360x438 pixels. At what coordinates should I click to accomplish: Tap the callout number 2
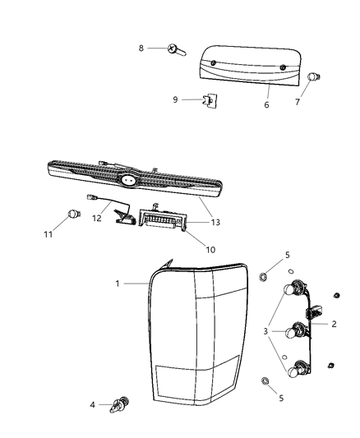[335, 324]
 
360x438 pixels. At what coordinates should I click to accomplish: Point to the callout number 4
[92, 404]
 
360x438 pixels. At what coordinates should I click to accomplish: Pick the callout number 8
[141, 48]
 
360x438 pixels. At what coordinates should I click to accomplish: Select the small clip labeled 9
[210, 102]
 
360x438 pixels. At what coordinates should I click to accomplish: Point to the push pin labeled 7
[313, 79]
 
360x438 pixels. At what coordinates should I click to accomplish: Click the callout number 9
[175, 100]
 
